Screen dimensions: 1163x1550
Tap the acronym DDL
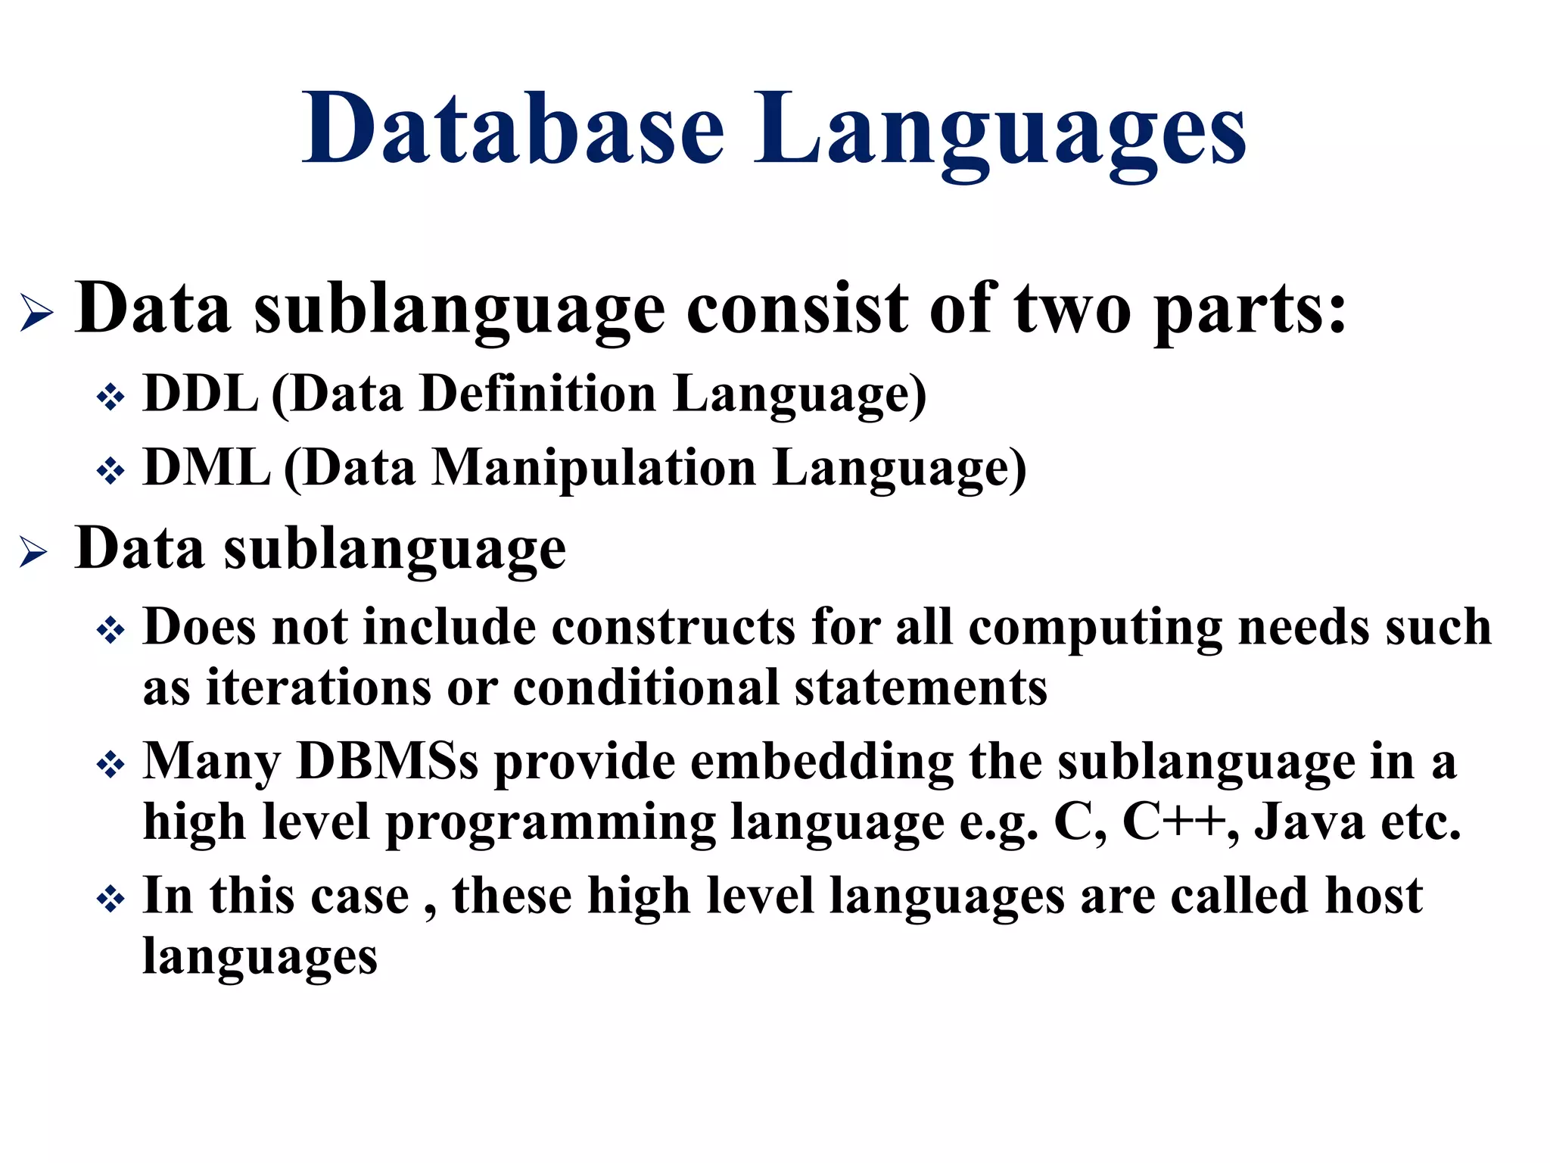[x=201, y=394]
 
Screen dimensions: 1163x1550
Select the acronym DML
[x=207, y=467]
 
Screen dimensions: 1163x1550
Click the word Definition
[x=538, y=394]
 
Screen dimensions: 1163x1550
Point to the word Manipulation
[x=594, y=467]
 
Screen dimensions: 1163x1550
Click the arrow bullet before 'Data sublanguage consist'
[x=36, y=312]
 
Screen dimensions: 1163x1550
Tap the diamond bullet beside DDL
[x=110, y=398]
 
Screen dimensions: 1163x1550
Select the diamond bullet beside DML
[x=110, y=471]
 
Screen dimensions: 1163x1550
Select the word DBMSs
[x=387, y=761]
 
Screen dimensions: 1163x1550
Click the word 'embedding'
[x=822, y=762]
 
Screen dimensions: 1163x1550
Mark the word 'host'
[x=1374, y=896]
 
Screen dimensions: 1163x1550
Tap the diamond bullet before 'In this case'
[x=110, y=900]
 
